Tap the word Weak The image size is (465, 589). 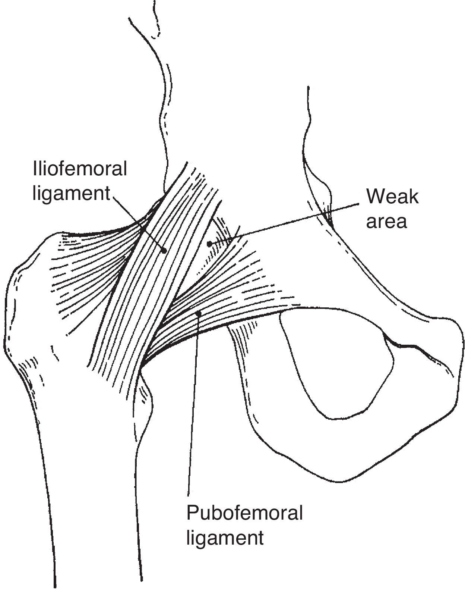pos(392,197)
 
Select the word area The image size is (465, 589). pos(386,221)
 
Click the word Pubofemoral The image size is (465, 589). pos(244,513)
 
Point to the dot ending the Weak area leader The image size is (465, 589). pos(209,244)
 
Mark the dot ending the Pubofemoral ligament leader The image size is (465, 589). pos(199,314)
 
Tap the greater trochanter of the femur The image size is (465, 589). pos(30,298)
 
